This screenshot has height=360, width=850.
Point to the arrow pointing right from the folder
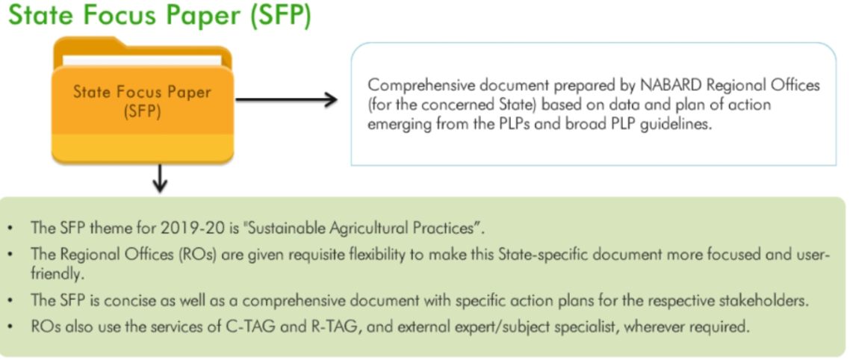pos(287,100)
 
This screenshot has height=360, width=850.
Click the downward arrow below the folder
pos(159,179)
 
